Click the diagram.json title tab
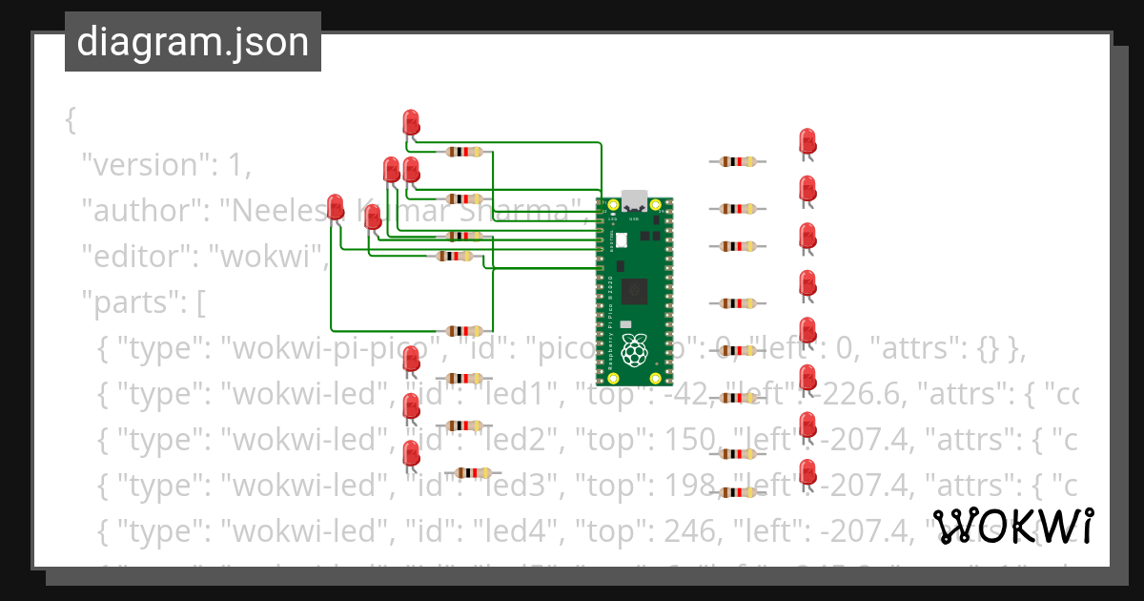(193, 42)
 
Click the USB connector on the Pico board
(635, 201)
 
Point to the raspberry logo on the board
(635, 351)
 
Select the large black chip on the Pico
(635, 292)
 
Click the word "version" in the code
(141, 165)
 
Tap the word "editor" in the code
(134, 257)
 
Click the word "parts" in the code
(127, 304)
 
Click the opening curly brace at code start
(70, 120)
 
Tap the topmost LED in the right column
(807, 142)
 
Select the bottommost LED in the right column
(807, 472)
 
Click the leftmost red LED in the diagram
(335, 207)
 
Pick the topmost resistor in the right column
(737, 162)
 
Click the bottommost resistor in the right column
(737, 492)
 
